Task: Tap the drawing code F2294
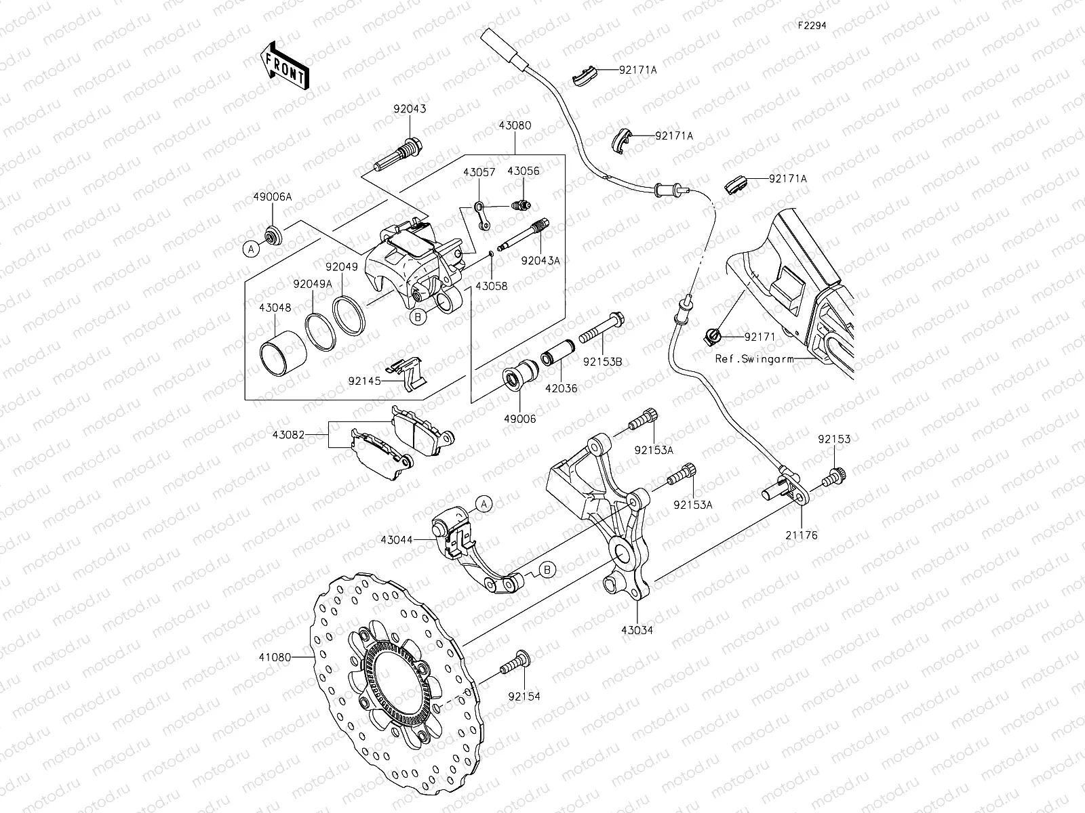812,25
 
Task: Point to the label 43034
637,630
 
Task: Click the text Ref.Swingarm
754,359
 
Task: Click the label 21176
803,535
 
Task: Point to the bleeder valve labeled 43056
521,204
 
